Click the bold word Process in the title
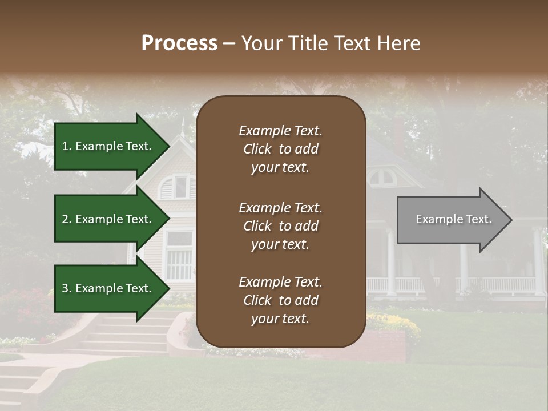[x=179, y=43]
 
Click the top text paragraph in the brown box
[x=280, y=149]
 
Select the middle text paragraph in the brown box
[x=280, y=226]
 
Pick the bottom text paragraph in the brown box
[x=280, y=300]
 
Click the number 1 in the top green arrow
[x=65, y=146]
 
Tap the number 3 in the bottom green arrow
[x=65, y=288]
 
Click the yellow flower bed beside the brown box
[x=394, y=323]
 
